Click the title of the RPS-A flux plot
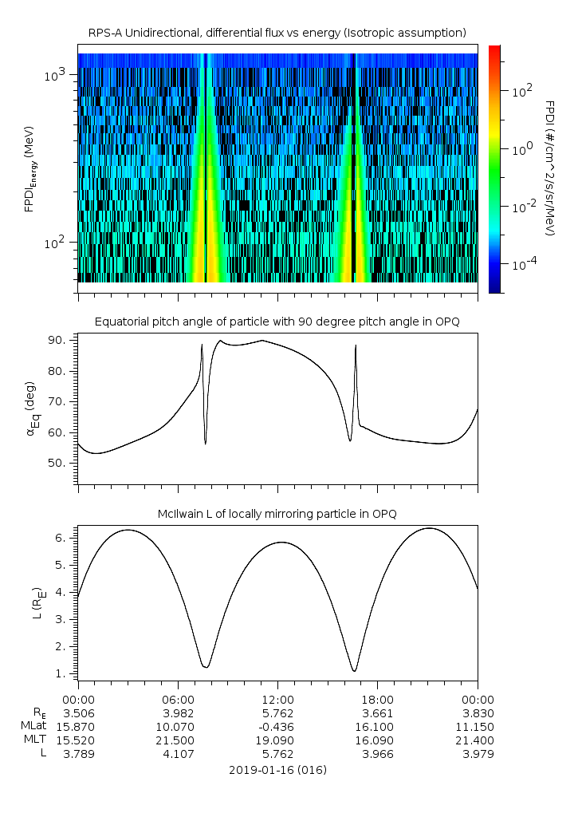(277, 33)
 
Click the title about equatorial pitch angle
(277, 322)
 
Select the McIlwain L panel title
(277, 513)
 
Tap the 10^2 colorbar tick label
(522, 91)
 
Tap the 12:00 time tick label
(277, 697)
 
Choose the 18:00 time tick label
(377, 697)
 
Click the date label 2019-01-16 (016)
(277, 770)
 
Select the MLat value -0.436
(277, 726)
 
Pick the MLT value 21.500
(178, 740)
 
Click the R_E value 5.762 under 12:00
(277, 712)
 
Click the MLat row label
(34, 726)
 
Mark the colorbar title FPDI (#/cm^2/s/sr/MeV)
(550, 168)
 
